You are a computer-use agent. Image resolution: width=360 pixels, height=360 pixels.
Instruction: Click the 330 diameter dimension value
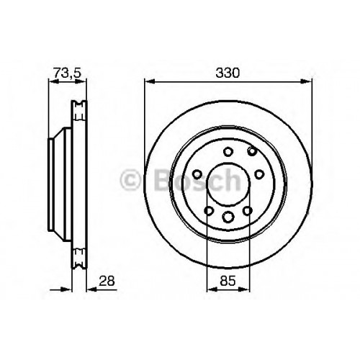(228, 73)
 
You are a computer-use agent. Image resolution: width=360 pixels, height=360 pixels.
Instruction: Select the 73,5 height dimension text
(68, 73)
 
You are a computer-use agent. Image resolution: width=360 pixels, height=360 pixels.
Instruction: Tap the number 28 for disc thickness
(107, 281)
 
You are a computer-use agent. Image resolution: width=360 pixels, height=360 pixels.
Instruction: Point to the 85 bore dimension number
(228, 281)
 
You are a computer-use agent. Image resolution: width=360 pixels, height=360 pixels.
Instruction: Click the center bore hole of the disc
(228, 184)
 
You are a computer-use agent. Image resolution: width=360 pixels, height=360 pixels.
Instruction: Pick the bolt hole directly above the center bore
(228, 152)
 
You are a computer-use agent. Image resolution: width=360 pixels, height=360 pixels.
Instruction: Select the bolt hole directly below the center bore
(228, 217)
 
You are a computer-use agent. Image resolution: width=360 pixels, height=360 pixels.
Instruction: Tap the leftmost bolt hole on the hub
(197, 174)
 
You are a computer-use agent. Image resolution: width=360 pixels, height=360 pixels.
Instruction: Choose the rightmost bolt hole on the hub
(259, 174)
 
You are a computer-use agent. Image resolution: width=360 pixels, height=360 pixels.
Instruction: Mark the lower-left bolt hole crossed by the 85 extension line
(209, 211)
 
